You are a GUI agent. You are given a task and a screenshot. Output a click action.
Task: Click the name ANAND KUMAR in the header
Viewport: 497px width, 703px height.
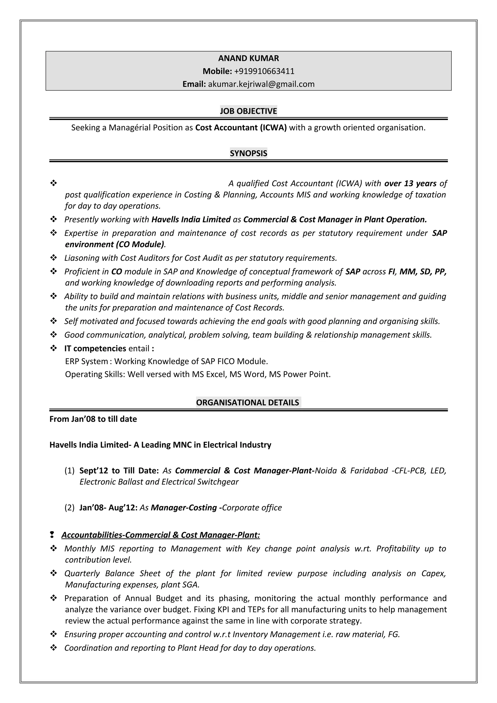(248, 58)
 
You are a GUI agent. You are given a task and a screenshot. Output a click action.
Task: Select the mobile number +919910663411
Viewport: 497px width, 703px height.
(264, 71)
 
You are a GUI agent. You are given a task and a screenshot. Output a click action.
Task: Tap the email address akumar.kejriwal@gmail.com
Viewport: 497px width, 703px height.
(261, 84)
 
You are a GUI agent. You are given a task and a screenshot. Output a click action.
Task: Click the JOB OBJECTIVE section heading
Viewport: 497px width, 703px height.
(248, 111)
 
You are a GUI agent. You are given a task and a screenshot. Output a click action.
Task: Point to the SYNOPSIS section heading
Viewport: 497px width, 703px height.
(248, 153)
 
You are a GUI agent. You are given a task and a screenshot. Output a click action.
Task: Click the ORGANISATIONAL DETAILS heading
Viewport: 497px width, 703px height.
(248, 402)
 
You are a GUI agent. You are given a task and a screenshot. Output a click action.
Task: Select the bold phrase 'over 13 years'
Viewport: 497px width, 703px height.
(410, 183)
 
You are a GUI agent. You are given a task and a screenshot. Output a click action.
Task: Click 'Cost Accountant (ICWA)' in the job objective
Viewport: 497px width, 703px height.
(241, 128)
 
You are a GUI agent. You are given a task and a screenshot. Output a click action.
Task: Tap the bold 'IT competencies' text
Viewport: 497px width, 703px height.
(95, 348)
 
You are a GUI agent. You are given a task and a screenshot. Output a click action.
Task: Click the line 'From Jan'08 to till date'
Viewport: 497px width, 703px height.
(93, 419)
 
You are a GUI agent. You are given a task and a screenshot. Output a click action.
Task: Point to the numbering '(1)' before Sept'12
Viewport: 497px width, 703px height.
(69, 471)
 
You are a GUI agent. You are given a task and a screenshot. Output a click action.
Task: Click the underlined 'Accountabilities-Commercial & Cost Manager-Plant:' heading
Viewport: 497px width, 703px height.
(160, 535)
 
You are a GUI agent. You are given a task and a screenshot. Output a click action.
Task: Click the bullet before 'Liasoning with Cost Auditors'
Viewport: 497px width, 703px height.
(54, 258)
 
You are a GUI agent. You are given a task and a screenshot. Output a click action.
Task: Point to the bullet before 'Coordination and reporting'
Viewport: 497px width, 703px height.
(54, 648)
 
